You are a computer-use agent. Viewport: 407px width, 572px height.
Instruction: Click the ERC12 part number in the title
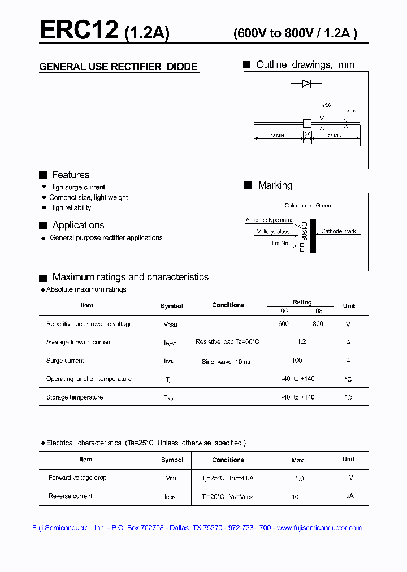tap(79, 29)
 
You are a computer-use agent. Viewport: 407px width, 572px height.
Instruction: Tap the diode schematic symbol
tap(306, 84)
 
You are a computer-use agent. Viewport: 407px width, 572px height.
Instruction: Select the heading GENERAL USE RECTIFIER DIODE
tap(118, 67)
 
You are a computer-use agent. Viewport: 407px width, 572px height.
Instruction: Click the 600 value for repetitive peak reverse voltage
tap(283, 324)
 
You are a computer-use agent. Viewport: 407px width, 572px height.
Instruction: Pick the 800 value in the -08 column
tap(318, 324)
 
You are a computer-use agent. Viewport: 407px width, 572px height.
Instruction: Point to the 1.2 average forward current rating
tap(301, 342)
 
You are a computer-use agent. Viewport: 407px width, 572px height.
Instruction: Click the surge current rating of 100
tap(297, 360)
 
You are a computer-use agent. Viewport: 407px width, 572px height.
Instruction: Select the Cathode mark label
tap(339, 231)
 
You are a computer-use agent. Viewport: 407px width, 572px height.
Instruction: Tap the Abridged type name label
tap(269, 220)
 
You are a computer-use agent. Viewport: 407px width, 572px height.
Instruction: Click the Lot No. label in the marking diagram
tap(280, 244)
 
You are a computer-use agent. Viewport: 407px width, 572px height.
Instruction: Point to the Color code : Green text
tap(308, 206)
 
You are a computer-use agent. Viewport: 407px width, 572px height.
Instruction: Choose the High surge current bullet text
tap(77, 187)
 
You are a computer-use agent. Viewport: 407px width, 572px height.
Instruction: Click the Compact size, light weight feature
tap(88, 197)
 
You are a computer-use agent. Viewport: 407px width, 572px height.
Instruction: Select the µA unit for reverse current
tap(349, 496)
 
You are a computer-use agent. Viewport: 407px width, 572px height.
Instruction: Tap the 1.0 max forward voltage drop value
tap(299, 478)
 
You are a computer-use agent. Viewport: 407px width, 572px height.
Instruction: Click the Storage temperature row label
tap(75, 397)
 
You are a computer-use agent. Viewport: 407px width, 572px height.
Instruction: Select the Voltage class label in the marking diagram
tap(273, 232)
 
